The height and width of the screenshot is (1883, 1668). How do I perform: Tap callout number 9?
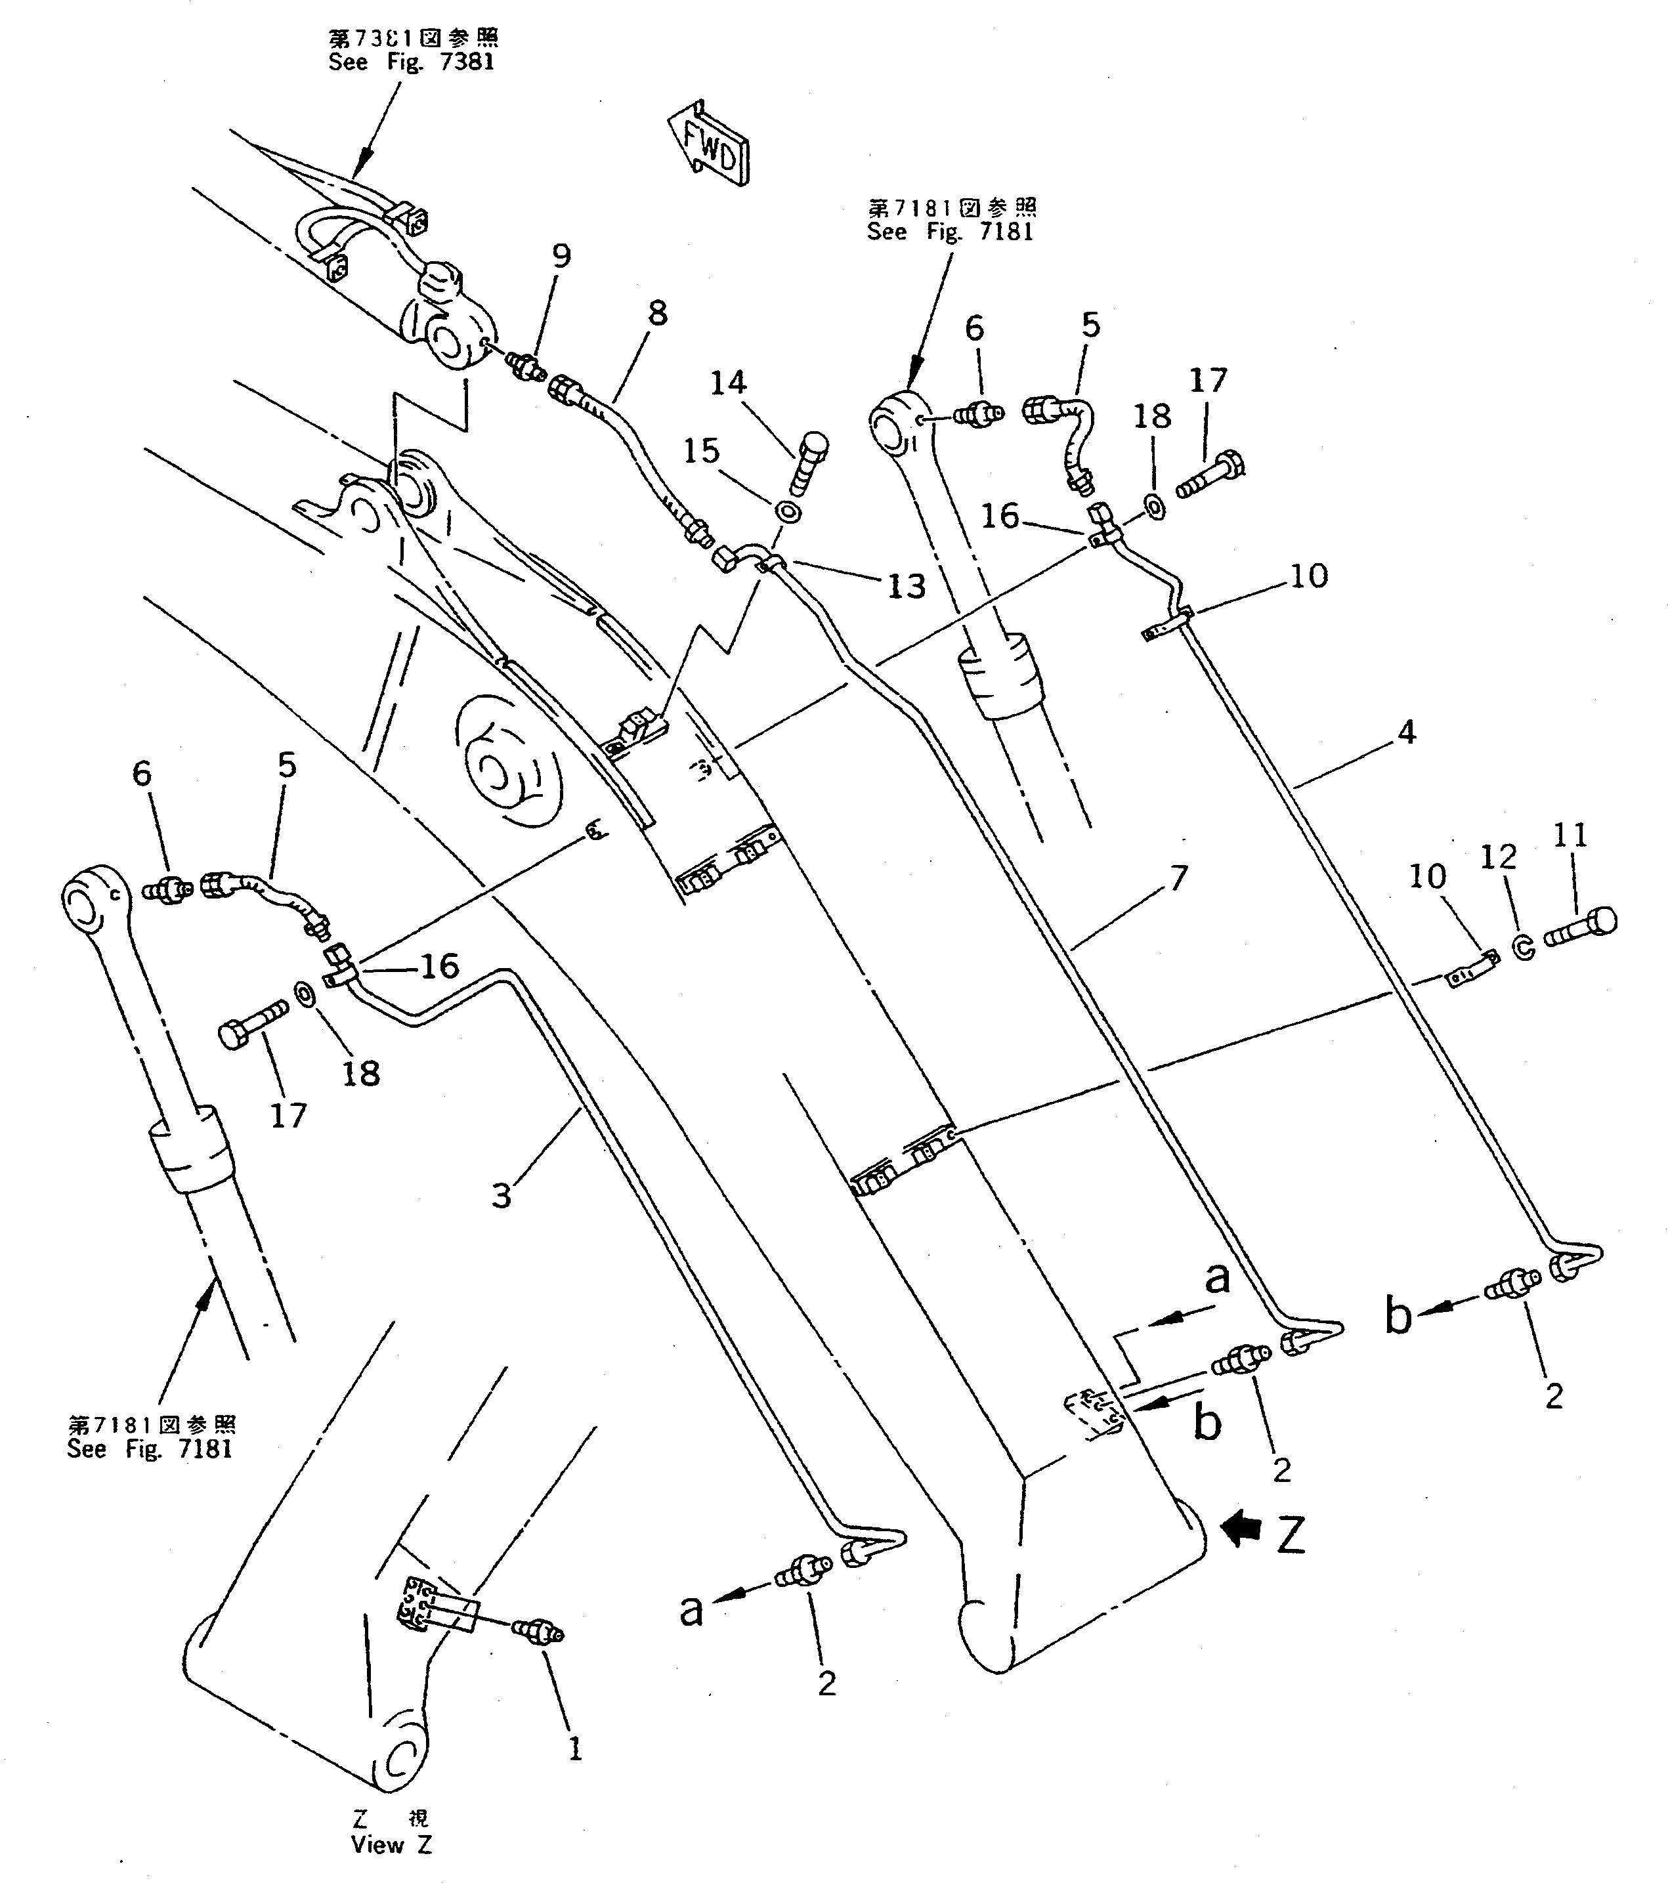(x=561, y=256)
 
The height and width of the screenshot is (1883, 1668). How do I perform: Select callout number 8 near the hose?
(x=656, y=314)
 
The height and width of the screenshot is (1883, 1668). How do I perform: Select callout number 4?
(x=1405, y=732)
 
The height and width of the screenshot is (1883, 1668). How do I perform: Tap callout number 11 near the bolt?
(x=1570, y=836)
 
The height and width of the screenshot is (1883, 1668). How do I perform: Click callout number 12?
(x=1499, y=858)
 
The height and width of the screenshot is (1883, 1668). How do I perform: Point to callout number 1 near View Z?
(x=575, y=1748)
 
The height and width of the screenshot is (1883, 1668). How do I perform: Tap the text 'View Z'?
(x=391, y=1845)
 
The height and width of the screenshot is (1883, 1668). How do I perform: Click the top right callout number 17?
(x=1208, y=381)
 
